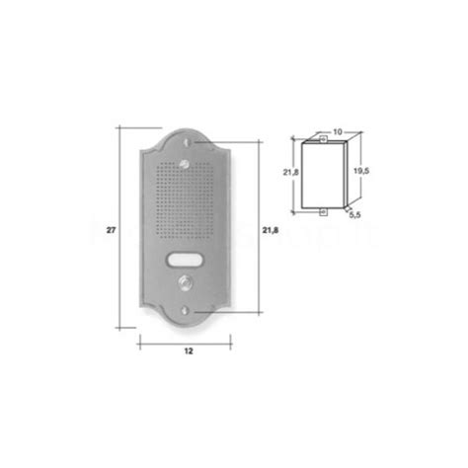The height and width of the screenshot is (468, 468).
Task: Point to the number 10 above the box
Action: pos(338,131)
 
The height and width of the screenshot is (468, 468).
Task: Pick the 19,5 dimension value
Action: pos(361,170)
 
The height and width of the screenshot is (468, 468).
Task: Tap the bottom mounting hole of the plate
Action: pos(188,315)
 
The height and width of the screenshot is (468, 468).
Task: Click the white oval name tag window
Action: pos(188,262)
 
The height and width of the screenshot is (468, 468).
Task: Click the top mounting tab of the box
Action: pos(323,139)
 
